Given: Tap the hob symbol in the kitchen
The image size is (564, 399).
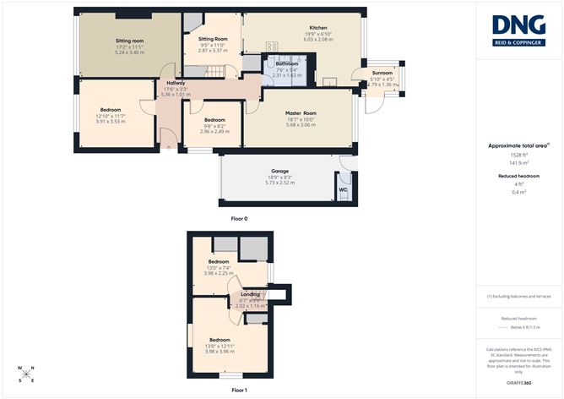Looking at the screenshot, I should [x=273, y=47].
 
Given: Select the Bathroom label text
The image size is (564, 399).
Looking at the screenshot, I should [x=286, y=63].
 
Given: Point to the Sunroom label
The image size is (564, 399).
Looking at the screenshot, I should [x=382, y=74].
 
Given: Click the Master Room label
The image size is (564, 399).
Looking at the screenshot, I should [x=300, y=113].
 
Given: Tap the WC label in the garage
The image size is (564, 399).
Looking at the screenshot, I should [x=343, y=189].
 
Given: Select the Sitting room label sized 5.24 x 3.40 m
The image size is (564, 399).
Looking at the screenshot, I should [x=130, y=40].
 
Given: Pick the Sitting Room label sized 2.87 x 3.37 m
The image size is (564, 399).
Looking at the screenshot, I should [x=213, y=39].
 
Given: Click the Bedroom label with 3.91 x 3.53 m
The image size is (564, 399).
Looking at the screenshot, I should [x=110, y=110].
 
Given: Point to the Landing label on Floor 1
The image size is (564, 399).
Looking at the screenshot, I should [x=250, y=294].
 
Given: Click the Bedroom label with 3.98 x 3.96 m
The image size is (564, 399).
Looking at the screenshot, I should [x=220, y=340].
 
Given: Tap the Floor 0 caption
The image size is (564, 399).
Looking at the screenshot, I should [x=239, y=219].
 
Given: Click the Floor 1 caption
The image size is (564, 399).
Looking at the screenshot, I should [x=239, y=390].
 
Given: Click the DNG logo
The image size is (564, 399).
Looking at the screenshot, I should [x=519, y=30].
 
